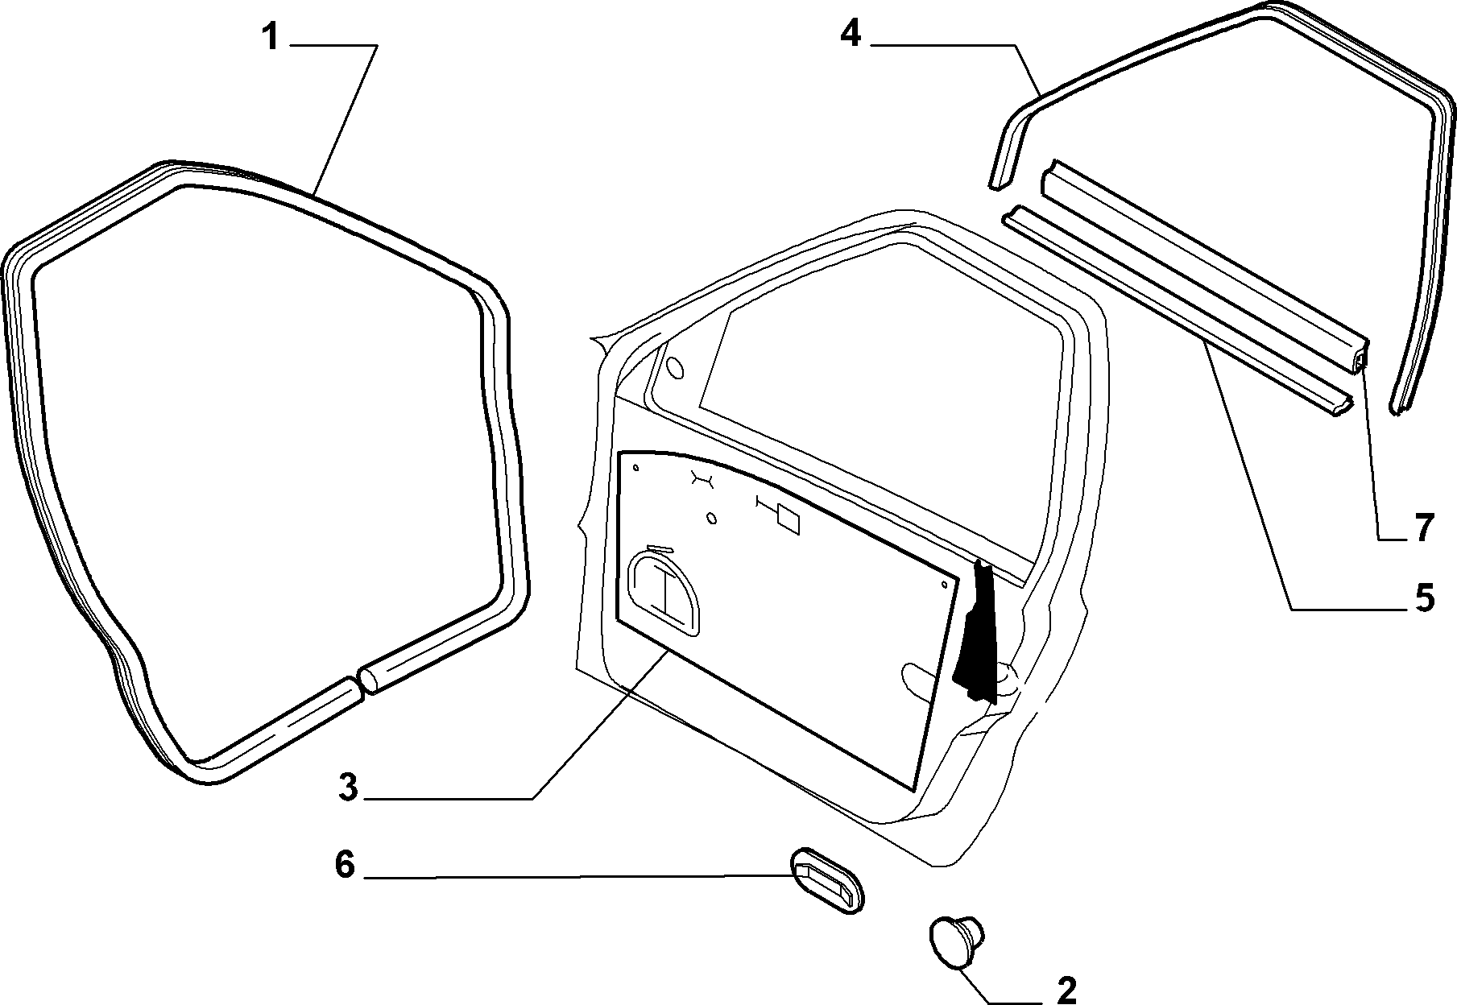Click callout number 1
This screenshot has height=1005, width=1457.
coord(271,37)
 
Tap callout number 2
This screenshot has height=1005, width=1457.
coord(1065,990)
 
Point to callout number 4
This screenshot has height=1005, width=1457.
coord(851,35)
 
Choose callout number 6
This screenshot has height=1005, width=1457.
coord(344,866)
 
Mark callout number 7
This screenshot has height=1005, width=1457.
coord(1423,528)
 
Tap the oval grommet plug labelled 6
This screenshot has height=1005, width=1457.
coord(826,880)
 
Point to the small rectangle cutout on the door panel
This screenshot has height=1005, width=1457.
coord(787,520)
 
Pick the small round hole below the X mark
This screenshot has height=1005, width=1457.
coord(711,518)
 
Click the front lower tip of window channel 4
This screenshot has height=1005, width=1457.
coord(995,184)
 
